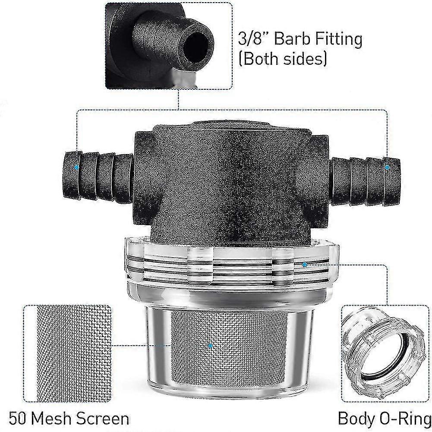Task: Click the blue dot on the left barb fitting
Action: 77,167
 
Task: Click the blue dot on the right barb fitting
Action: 387,167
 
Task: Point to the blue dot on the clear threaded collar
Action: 305,264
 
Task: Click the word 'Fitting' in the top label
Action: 338,40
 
